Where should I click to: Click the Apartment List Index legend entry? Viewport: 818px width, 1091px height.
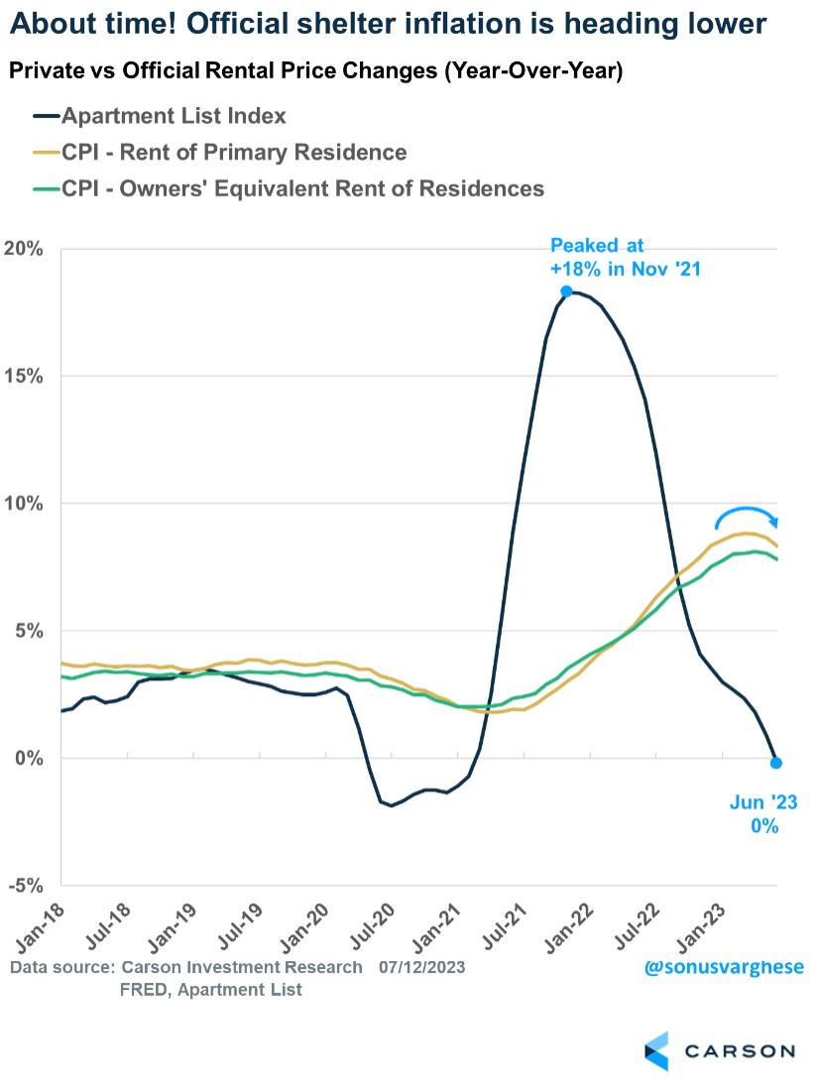pyautogui.click(x=174, y=116)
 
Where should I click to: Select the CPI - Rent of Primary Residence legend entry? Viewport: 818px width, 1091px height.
pyautogui.click(x=234, y=152)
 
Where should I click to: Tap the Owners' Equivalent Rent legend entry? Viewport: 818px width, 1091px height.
pyautogui.click(x=302, y=188)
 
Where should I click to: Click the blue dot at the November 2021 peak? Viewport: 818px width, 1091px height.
pyautogui.click(x=566, y=292)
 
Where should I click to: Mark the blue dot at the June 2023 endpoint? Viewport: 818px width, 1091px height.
pyautogui.click(x=776, y=763)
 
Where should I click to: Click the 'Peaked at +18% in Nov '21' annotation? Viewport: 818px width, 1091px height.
pyautogui.click(x=625, y=256)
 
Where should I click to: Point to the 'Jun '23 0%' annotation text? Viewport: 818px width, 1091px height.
pyautogui.click(x=758, y=813)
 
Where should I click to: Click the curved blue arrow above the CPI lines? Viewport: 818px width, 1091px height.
pyautogui.click(x=749, y=516)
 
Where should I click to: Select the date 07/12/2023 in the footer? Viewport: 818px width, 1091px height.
pyautogui.click(x=422, y=967)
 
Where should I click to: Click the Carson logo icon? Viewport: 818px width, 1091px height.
pyautogui.click(x=656, y=1051)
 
